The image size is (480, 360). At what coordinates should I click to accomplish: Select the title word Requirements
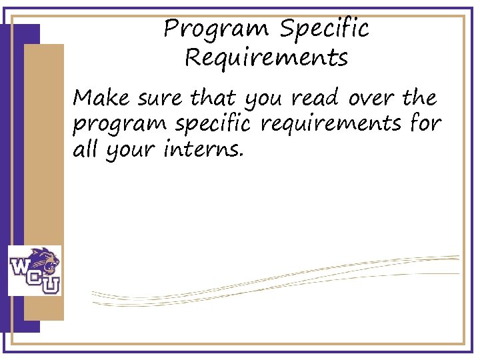[x=267, y=58]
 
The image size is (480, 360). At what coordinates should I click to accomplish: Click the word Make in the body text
[x=101, y=99]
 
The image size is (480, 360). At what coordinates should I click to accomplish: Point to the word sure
[x=159, y=99]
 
